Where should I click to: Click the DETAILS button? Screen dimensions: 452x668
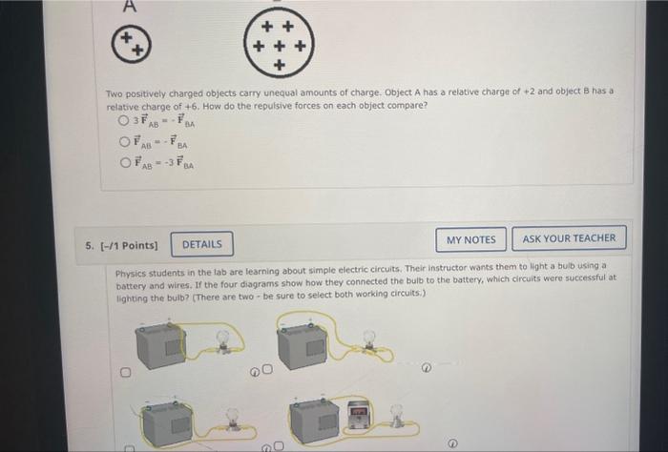(x=202, y=244)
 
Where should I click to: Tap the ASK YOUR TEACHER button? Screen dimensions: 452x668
(x=569, y=238)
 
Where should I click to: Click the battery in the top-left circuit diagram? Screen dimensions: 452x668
(x=163, y=347)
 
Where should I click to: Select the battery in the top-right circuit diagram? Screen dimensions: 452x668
(x=305, y=347)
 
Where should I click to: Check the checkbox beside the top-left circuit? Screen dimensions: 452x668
(x=124, y=372)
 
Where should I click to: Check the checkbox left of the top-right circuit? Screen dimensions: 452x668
(x=268, y=369)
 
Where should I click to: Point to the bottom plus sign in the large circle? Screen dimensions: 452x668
(x=278, y=64)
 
